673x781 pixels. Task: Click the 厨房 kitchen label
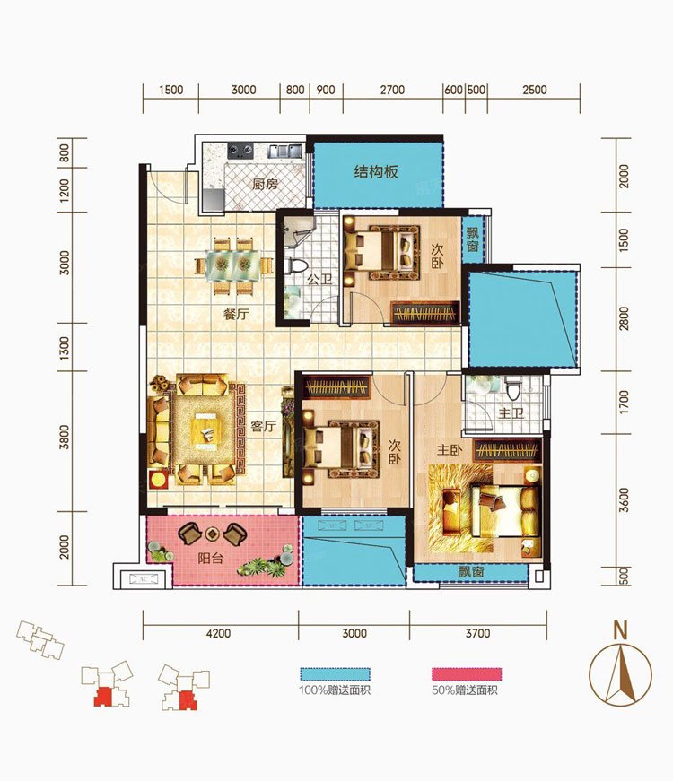pos(265,185)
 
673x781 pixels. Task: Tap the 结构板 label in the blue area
pos(376,172)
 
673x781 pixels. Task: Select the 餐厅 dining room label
pos(236,315)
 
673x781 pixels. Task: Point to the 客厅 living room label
pos(263,426)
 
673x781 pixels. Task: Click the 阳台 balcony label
pos(210,558)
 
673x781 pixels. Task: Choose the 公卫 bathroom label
pos(319,279)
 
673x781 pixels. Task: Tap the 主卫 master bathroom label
pos(511,413)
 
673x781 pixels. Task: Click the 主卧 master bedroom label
pos(450,450)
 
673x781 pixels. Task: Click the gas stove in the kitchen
pos(240,150)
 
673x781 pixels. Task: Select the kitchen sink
pos(286,151)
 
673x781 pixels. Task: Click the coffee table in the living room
pos(206,430)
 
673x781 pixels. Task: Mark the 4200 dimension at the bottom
pos(218,633)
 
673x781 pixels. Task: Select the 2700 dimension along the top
pos(392,90)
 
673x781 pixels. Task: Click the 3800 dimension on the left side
pos(65,438)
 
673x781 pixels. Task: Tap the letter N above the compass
pos(620,630)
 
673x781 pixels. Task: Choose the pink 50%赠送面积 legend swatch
pos(466,674)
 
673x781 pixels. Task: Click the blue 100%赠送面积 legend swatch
pos(335,674)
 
